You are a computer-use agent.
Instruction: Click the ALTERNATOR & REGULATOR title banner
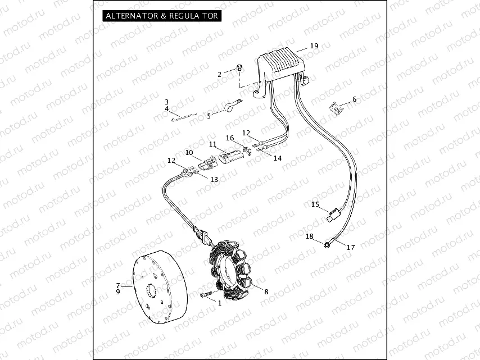coord(161,16)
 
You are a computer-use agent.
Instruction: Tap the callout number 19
coord(314,46)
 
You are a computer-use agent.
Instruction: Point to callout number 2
coord(220,74)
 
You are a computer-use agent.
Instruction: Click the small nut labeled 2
coord(239,69)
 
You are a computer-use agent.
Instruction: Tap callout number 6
coord(354,99)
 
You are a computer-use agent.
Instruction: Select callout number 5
coord(209,116)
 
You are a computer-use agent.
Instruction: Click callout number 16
coord(229,138)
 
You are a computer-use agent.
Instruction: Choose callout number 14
coord(277,158)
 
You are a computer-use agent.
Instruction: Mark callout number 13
coord(214,179)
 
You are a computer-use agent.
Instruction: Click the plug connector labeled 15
coord(334,213)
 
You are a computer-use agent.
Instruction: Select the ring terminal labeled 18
coord(327,244)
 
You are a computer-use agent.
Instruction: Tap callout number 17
coord(351,247)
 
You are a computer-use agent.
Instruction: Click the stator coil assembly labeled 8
coord(233,270)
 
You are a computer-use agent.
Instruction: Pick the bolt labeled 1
coord(205,294)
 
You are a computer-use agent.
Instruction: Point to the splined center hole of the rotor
coord(151,292)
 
